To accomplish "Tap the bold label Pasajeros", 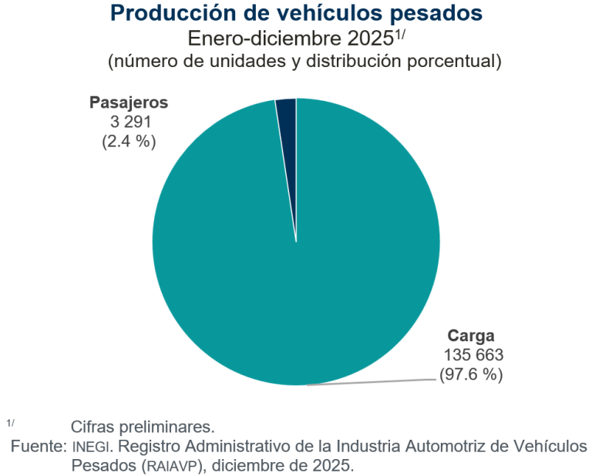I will click(128, 102).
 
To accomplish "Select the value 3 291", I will click(128, 122).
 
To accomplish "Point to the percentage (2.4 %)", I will click(128, 141).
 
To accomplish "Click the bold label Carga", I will click(471, 336).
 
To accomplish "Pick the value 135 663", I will click(473, 355).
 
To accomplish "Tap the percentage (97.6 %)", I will click(471, 375).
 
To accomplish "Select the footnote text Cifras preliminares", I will click(142, 427).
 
